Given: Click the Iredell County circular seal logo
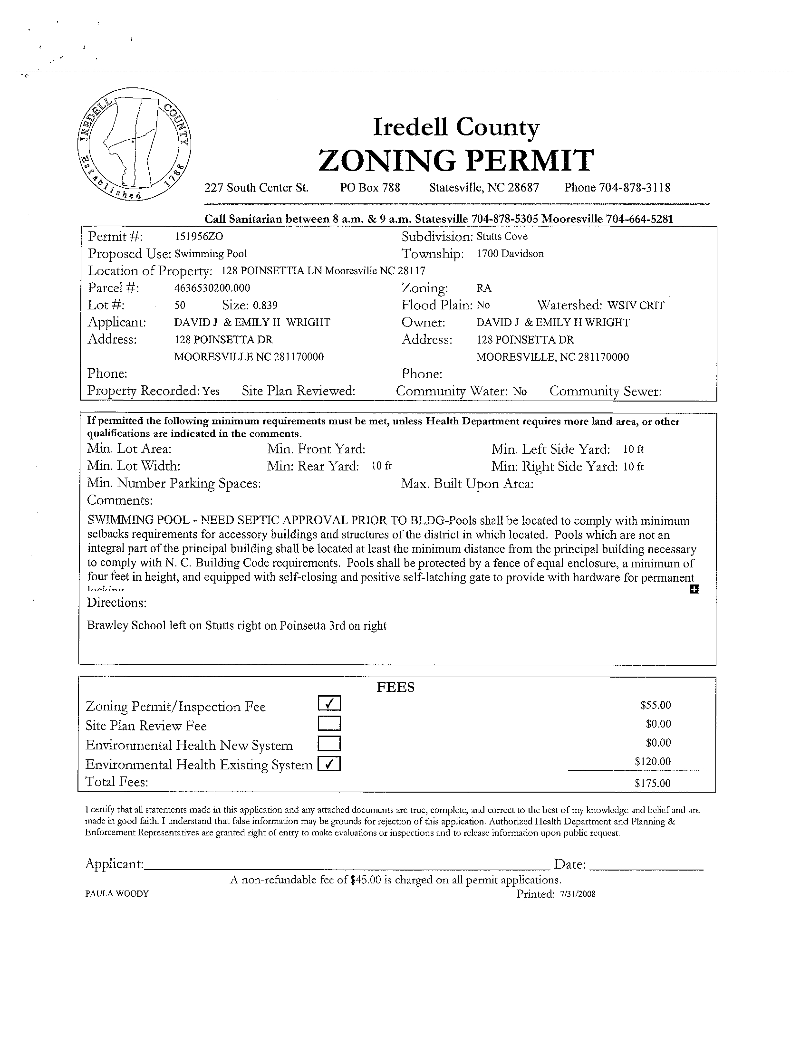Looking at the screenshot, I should coord(134,144).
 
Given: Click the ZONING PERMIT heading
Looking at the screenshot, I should coord(456,160).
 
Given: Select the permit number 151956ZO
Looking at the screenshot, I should coord(199,237).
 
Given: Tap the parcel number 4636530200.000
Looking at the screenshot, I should coord(212,288).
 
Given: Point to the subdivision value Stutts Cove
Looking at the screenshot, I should coord(502,237).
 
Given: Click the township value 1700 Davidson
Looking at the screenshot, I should coord(510,254).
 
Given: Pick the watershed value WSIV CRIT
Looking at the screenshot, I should coord(636,306).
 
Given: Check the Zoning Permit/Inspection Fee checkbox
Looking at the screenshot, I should coord(329,703).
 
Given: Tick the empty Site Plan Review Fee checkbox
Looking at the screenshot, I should coord(329,723).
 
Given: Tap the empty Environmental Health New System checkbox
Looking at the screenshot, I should coord(329,744).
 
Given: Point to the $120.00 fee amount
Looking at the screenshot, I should coord(653,761).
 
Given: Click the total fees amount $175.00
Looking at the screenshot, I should coord(653,783).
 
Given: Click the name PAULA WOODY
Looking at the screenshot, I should coord(117,893).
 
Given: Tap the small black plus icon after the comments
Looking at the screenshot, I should coord(694,589).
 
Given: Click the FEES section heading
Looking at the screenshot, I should coord(395,688).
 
